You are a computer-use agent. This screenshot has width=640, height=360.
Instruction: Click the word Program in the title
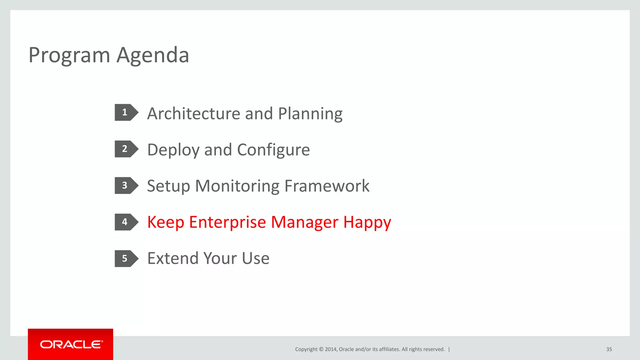point(69,55)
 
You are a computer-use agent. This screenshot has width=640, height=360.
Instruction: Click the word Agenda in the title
point(153,55)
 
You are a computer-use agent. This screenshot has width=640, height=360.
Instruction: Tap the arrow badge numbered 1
point(126,112)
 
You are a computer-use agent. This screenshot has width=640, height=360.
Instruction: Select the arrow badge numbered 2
point(126,149)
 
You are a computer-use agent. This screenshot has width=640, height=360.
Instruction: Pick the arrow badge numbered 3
point(126,186)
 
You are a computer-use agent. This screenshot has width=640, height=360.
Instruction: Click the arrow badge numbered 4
point(126,222)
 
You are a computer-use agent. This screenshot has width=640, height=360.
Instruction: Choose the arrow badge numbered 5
point(126,258)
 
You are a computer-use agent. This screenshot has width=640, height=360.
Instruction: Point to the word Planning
point(310,114)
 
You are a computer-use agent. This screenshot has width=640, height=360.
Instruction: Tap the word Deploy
point(173,150)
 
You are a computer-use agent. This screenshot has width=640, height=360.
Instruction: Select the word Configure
point(273,150)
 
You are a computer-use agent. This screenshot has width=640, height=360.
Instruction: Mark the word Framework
point(327,186)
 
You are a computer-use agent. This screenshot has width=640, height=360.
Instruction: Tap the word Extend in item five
point(172,258)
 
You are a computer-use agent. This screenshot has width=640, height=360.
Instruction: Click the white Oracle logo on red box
point(71,344)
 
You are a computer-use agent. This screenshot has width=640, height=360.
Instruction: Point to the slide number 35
point(609,349)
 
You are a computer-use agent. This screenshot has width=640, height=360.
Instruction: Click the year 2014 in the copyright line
point(331,349)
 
